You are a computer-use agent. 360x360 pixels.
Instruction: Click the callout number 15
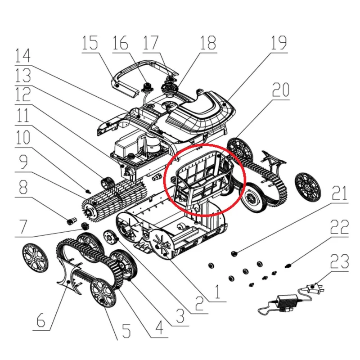coord(90,43)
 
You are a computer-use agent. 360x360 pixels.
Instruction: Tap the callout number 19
coord(279,43)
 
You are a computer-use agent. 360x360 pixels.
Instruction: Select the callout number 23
coord(340,261)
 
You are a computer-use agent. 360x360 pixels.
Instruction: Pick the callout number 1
coord(217,292)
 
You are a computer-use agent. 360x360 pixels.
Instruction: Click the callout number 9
coord(24,162)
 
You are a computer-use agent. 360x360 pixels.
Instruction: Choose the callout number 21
coord(340,193)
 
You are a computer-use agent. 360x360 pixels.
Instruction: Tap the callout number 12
coord(23,94)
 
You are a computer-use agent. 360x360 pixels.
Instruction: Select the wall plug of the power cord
coord(314,288)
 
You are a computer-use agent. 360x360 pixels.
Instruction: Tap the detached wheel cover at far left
coord(36,257)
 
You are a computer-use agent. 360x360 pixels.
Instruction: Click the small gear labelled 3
coord(112,237)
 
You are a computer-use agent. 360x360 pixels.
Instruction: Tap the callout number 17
coord(151,43)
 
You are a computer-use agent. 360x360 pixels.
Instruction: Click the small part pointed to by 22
coord(287,266)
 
